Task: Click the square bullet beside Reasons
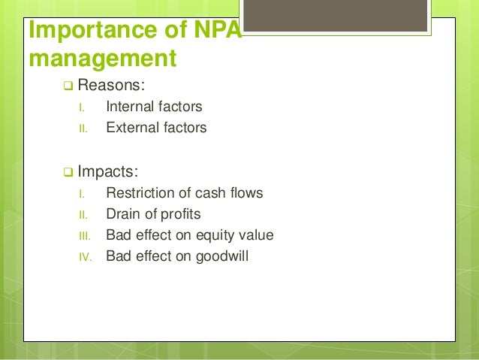pyautogui.click(x=68, y=85)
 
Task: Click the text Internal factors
pyautogui.click(x=154, y=107)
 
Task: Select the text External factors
pyautogui.click(x=156, y=128)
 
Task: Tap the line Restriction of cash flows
pyautogui.click(x=185, y=193)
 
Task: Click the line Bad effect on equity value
pyautogui.click(x=190, y=235)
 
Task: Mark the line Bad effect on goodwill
pyautogui.click(x=177, y=256)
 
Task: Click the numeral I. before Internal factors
pyautogui.click(x=82, y=107)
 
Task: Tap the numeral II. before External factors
pyautogui.click(x=83, y=129)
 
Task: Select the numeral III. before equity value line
pyautogui.click(x=84, y=236)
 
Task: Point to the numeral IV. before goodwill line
pyautogui.click(x=84, y=257)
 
